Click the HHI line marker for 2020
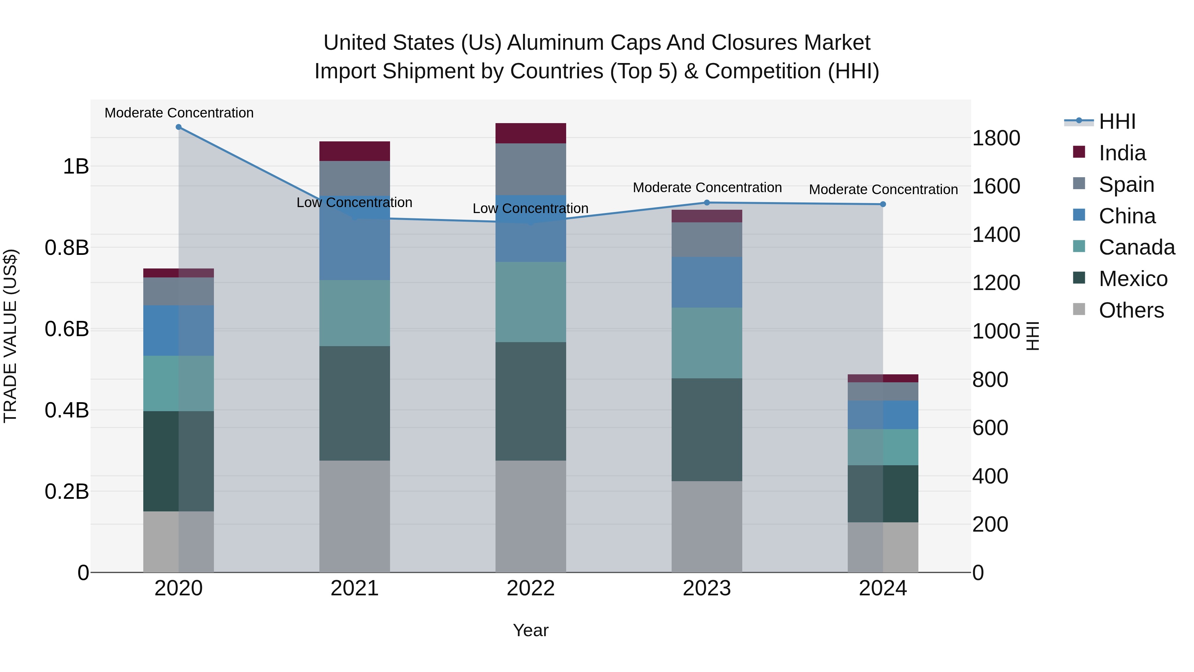tap(178, 127)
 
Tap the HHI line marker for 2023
tap(706, 203)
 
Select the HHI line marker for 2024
tap(883, 204)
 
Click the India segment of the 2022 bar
tap(530, 133)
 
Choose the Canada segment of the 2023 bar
tap(706, 343)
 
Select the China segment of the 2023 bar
tap(706, 282)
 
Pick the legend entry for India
tap(1122, 153)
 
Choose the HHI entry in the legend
tap(1117, 121)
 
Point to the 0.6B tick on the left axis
tap(67, 329)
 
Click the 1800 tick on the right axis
tap(996, 138)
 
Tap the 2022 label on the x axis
tap(530, 588)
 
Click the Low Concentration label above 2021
tap(354, 203)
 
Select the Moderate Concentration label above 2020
tap(179, 113)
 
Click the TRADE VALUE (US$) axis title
tap(10, 336)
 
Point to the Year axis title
tap(530, 630)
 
